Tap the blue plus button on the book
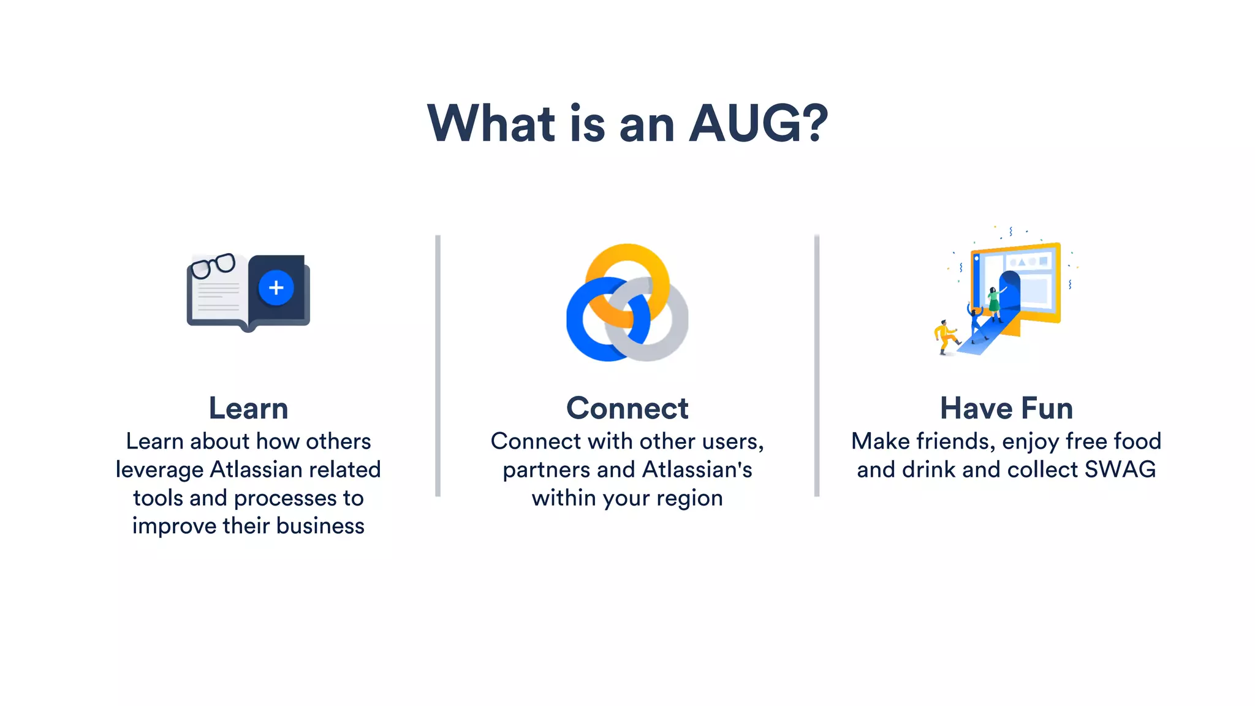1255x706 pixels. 276,287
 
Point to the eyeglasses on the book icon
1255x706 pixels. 213,265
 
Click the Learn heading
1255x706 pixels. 248,408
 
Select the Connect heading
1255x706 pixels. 627,408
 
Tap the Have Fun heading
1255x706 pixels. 1006,408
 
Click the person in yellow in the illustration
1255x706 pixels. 944,337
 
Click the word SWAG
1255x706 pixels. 1120,469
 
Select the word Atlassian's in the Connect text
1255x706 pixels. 697,469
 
